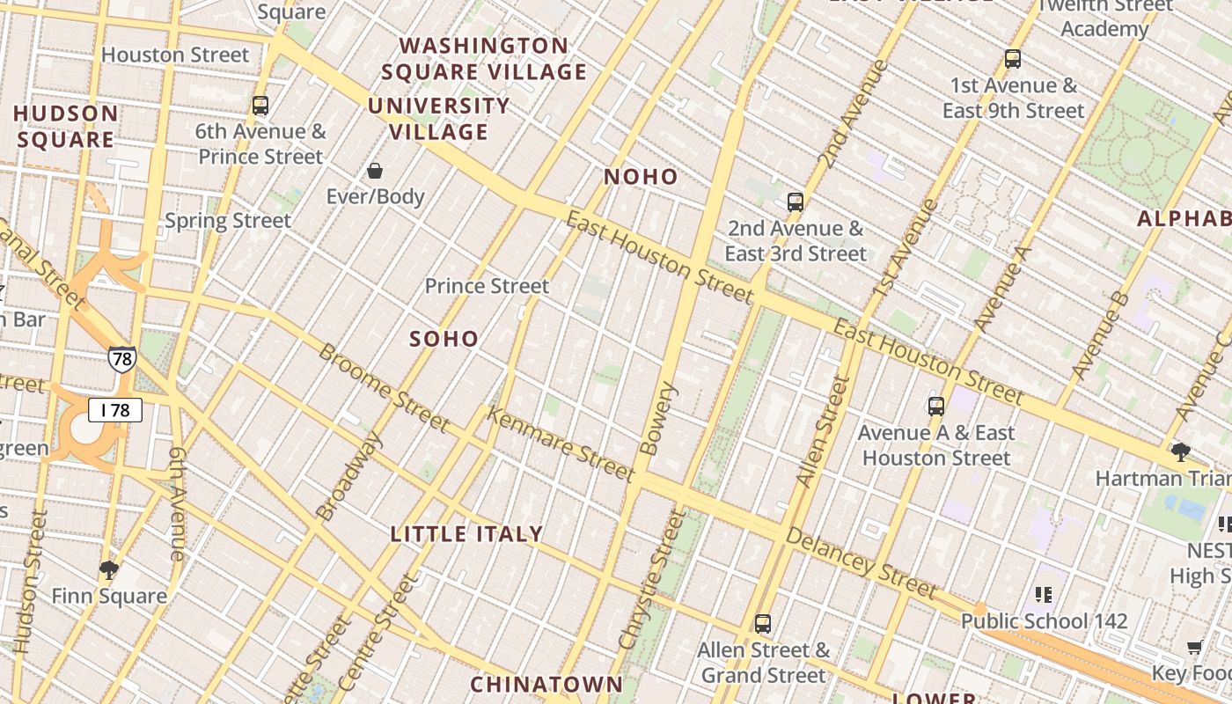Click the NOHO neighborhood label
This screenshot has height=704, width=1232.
coord(641,177)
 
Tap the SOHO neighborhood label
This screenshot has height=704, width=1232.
coord(444,339)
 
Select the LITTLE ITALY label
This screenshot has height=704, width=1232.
coord(466,534)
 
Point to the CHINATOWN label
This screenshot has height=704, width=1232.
coord(546,684)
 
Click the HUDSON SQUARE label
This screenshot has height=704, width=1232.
coord(66,126)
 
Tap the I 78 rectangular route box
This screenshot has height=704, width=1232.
coord(114,410)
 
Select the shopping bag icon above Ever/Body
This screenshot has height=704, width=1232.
coord(375,171)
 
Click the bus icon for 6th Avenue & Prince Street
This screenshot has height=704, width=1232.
coord(260,106)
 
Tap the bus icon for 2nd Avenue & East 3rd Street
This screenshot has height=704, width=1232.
coord(796,202)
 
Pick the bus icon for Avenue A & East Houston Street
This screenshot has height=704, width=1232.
coord(936,407)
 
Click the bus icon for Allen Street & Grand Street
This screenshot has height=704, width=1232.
coord(763,624)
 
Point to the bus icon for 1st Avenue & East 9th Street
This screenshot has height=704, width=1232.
coord(1013,59)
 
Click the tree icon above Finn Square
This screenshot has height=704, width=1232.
coord(109,570)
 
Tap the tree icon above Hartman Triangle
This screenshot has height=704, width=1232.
coord(1181,452)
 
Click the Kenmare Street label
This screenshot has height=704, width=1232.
coord(560,444)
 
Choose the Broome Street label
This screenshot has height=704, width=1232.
coord(384,387)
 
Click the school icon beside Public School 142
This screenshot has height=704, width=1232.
coord(1044,595)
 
